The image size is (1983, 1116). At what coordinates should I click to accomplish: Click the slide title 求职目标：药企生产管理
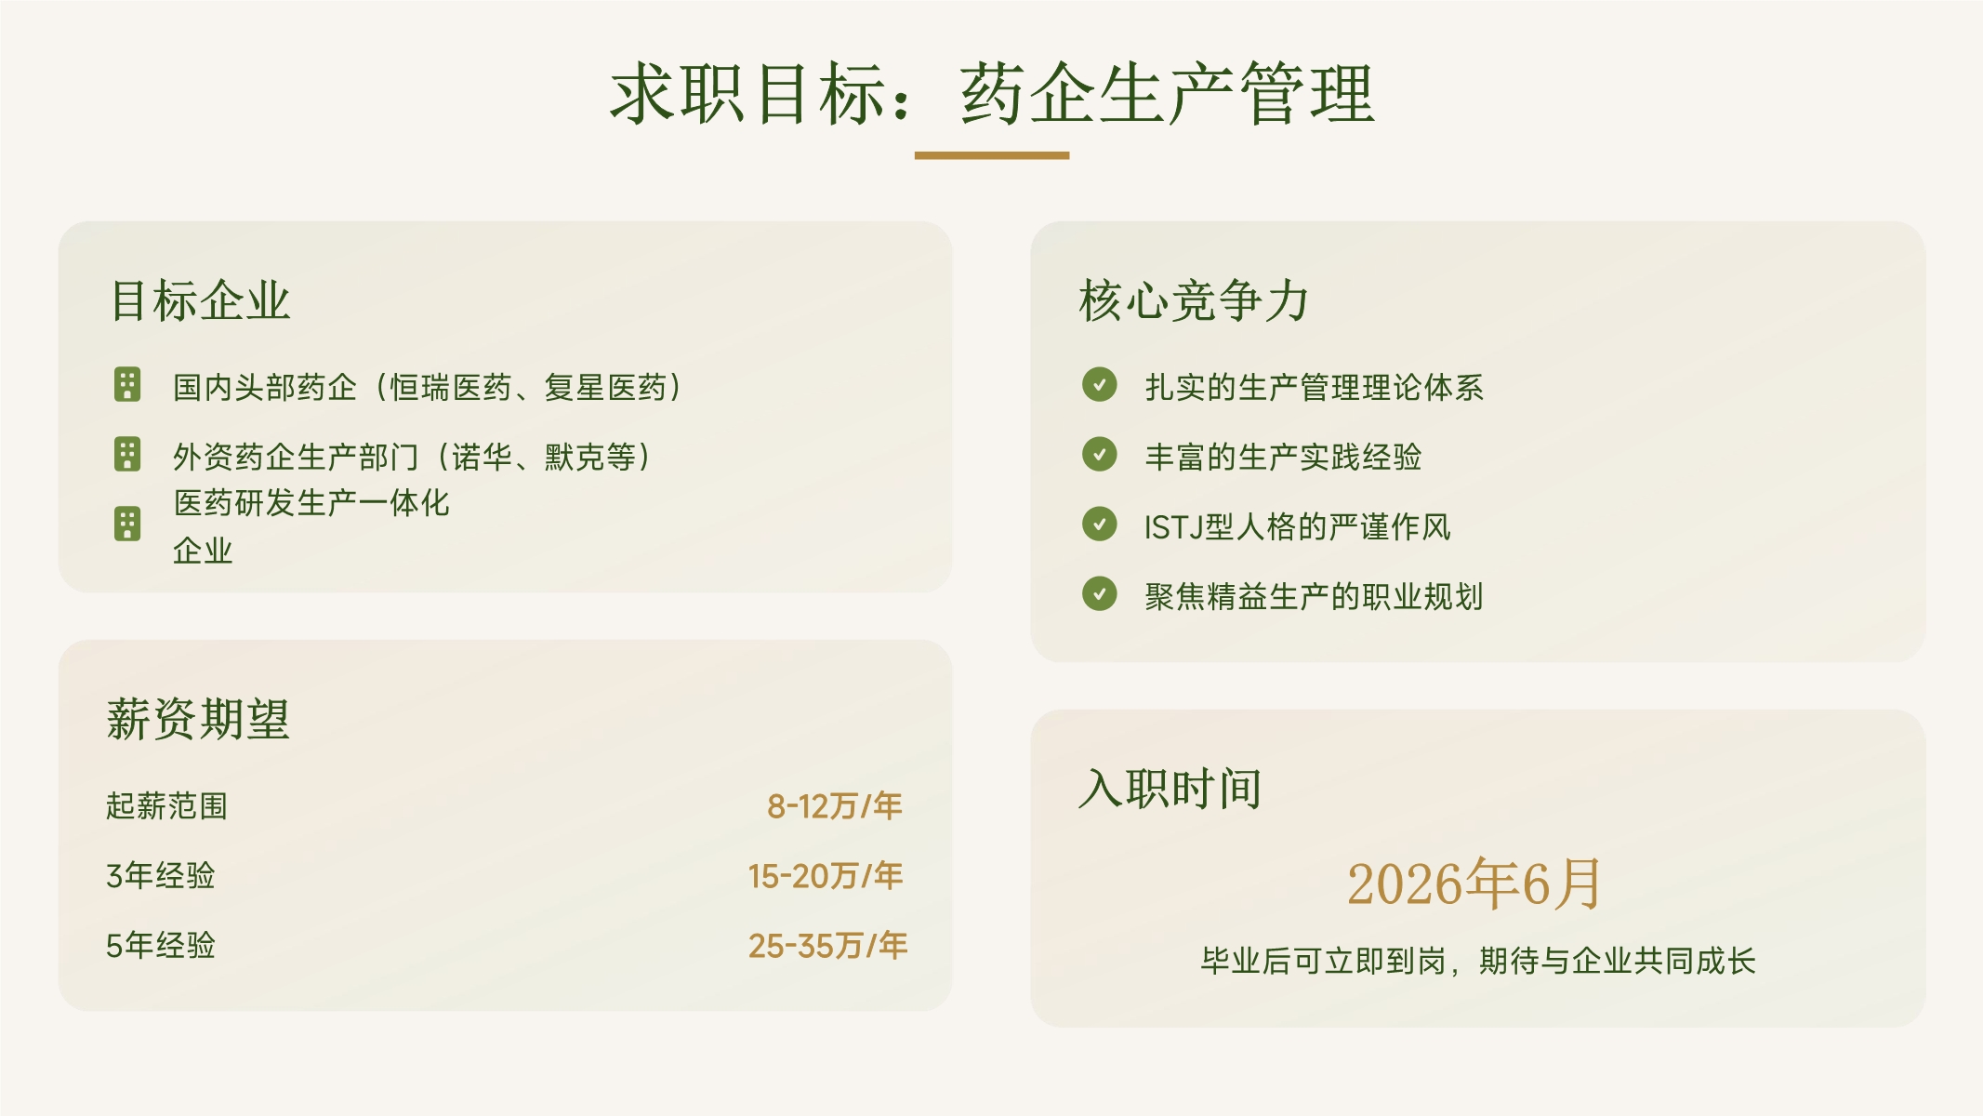click(992, 94)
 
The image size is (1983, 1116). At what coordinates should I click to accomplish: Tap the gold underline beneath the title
click(992, 155)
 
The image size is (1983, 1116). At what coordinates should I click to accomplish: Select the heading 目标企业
click(201, 300)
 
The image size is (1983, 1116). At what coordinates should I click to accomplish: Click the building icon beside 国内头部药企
click(127, 385)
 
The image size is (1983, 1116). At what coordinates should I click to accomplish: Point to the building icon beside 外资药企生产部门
click(127, 455)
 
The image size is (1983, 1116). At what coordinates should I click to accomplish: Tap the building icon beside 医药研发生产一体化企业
click(127, 525)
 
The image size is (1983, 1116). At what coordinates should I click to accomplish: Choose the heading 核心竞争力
click(1194, 300)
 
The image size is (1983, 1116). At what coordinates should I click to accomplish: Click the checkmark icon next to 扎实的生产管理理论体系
click(1100, 384)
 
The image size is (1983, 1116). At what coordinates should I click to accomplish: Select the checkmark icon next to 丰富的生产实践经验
click(1100, 454)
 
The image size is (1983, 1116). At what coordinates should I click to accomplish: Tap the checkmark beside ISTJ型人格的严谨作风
click(1100, 524)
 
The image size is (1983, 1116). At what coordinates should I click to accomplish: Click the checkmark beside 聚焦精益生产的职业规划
click(1100, 593)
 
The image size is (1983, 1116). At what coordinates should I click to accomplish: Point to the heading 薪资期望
click(198, 719)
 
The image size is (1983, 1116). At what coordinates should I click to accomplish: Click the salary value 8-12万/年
click(835, 805)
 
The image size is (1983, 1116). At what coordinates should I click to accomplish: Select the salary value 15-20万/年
click(826, 875)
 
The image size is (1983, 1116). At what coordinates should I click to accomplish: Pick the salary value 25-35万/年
click(827, 945)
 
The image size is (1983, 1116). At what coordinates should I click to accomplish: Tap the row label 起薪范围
click(166, 805)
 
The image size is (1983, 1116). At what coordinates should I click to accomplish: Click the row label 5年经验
click(160, 945)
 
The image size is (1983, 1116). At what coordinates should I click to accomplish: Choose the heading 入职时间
click(1170, 789)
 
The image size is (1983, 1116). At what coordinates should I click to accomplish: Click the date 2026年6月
click(1475, 883)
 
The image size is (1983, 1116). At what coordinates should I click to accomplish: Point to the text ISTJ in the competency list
click(1173, 527)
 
